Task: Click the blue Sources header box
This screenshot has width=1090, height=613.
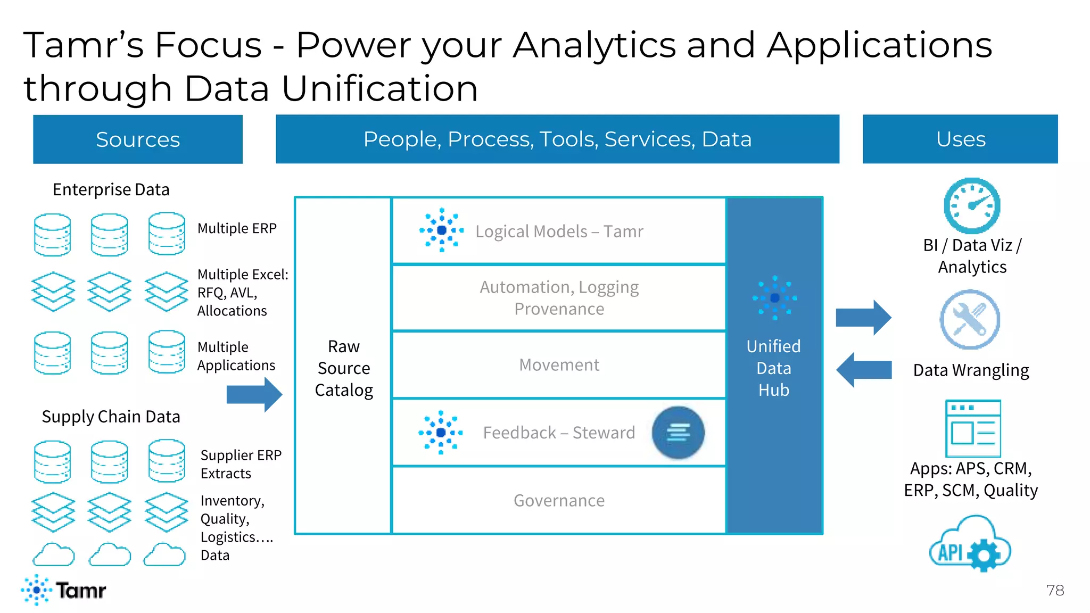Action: [137, 139]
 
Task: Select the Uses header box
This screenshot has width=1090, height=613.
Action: [960, 139]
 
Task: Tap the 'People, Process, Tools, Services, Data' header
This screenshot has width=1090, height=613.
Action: [557, 139]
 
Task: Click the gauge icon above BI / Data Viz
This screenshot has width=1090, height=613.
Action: [972, 206]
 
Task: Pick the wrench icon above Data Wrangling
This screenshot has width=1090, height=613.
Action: [970, 319]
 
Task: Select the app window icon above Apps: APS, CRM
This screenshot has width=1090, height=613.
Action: [973, 428]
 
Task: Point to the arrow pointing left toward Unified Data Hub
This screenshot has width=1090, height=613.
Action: [863, 369]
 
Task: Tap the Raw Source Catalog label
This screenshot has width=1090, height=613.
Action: [344, 368]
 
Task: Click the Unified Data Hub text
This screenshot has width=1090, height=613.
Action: [773, 368]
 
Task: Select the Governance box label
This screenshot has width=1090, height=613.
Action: [559, 501]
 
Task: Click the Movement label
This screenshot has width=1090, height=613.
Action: [559, 365]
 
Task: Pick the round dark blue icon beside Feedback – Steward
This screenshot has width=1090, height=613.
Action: [678, 433]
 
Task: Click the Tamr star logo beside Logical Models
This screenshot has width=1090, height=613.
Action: [441, 230]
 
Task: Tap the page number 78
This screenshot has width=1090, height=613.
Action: [1054, 590]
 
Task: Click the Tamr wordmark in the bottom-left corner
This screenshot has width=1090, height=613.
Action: [80, 590]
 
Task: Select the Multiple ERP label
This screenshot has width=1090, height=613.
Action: [237, 228]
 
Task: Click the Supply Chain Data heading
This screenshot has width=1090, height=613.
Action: [111, 417]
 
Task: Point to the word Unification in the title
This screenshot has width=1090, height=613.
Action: [379, 88]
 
